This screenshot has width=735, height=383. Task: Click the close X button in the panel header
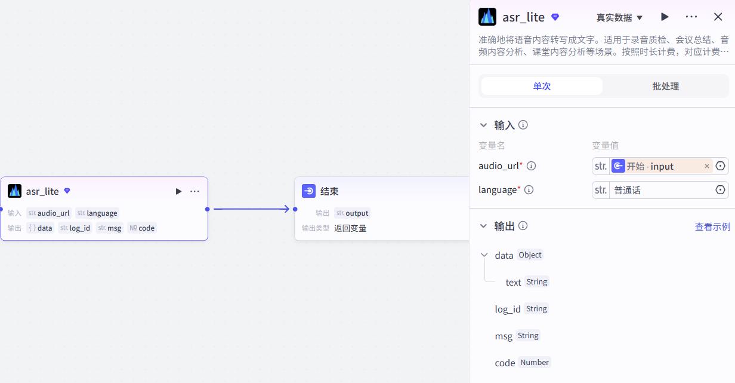click(x=718, y=17)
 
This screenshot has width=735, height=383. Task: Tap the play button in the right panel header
click(x=665, y=17)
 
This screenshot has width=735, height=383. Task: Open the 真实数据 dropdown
click(x=619, y=17)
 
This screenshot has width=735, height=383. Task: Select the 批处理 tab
click(x=665, y=86)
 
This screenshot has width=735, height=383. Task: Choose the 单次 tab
click(x=542, y=86)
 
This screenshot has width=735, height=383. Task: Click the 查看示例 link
click(x=712, y=226)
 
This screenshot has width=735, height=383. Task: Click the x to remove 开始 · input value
click(x=707, y=166)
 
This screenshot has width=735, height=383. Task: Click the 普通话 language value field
click(x=660, y=190)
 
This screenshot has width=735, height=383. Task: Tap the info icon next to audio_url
click(x=531, y=166)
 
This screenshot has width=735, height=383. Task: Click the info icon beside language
click(x=529, y=189)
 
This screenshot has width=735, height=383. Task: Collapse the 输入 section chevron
click(x=483, y=125)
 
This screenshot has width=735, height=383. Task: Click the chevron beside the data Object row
click(x=484, y=255)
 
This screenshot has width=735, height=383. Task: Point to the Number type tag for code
click(x=535, y=362)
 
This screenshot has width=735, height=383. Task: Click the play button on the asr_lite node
click(x=178, y=191)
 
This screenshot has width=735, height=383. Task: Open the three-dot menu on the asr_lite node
click(x=194, y=191)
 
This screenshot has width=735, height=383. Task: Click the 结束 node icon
click(x=309, y=191)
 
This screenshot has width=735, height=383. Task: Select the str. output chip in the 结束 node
click(x=352, y=213)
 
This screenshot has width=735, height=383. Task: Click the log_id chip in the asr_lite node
click(x=75, y=228)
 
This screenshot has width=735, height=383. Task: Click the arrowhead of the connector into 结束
click(x=287, y=209)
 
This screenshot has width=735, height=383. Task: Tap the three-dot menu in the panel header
click(x=691, y=17)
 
